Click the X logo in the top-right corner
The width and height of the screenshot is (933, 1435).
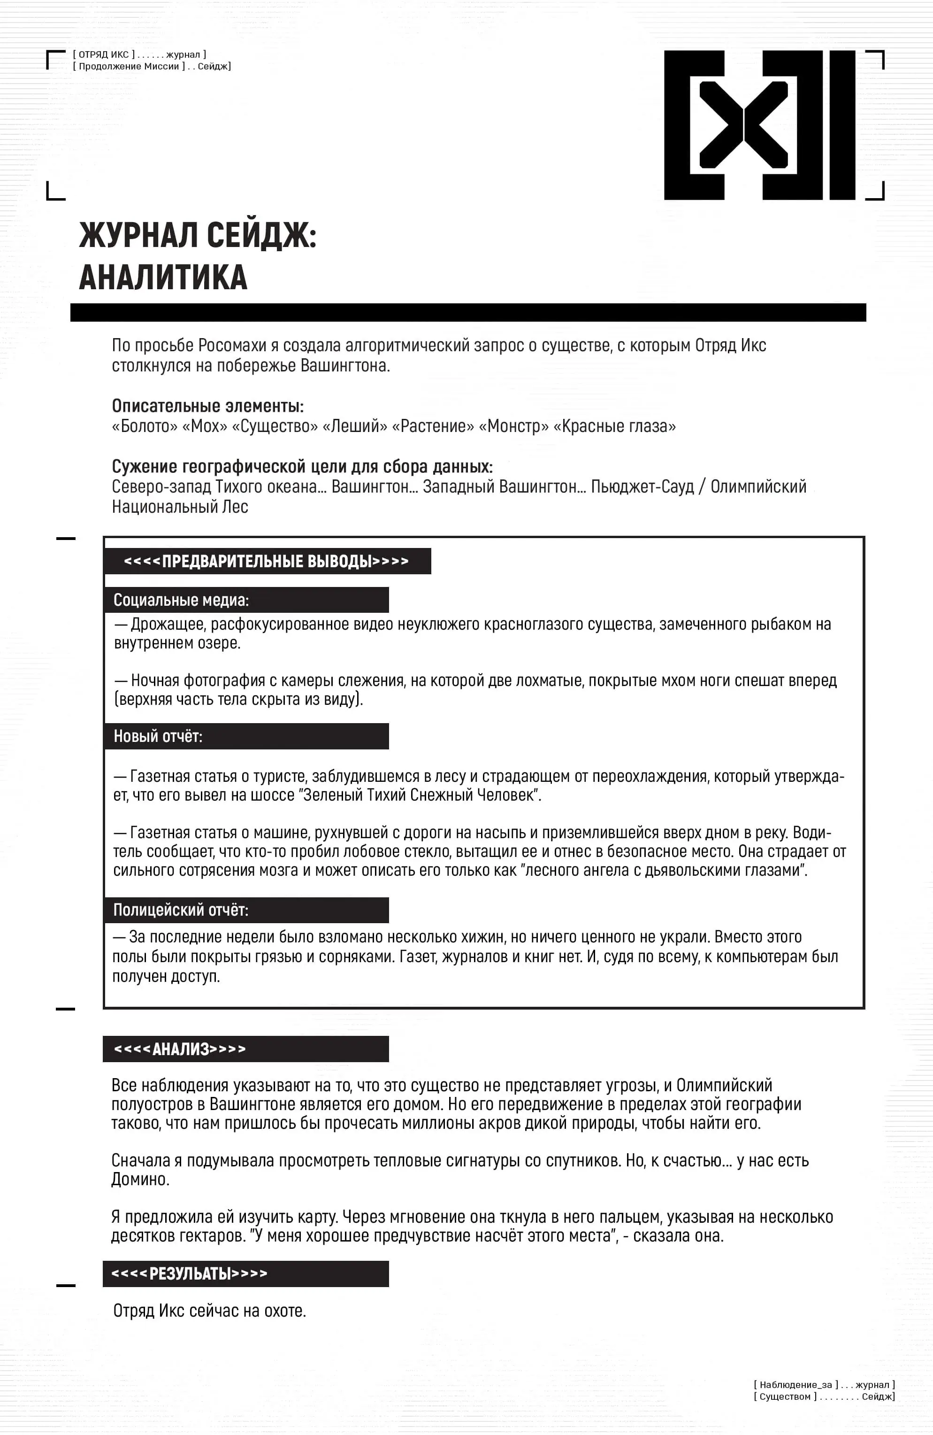point(759,125)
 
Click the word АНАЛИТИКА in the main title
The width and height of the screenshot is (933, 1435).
point(163,278)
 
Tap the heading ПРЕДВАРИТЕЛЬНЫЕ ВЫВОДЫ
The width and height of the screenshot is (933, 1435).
point(267,561)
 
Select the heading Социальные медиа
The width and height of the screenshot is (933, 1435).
point(181,600)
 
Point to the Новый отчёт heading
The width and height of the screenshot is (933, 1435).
point(158,736)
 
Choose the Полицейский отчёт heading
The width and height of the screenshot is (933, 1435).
point(181,910)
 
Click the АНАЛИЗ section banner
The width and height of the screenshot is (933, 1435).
point(180,1049)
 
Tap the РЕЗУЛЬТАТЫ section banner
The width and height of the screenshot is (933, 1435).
point(189,1273)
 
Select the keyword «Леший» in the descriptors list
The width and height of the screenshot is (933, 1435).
point(355,426)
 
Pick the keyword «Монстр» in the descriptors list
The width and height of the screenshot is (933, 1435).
point(513,426)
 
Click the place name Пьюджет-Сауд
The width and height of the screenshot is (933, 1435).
point(642,486)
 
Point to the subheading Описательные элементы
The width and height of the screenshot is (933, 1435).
point(207,406)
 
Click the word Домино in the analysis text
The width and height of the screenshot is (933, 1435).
point(140,1180)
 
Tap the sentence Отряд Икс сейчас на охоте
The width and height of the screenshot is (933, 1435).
point(209,1310)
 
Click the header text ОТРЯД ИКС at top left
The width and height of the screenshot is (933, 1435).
point(104,54)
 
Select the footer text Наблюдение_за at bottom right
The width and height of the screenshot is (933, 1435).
point(795,1384)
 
